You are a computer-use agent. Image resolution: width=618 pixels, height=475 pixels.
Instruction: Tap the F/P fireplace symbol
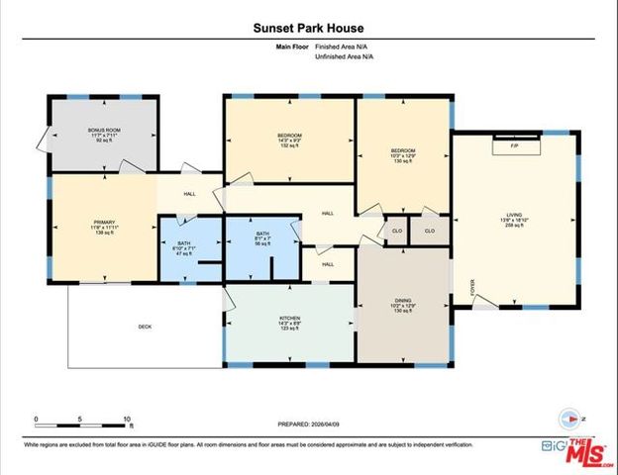coord(515,146)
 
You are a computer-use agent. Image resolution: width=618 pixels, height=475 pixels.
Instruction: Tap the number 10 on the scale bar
coord(128,420)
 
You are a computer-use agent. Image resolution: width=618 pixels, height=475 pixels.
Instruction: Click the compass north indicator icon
coord(568,418)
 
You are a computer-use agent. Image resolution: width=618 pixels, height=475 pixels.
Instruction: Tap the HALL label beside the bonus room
coord(189,193)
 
